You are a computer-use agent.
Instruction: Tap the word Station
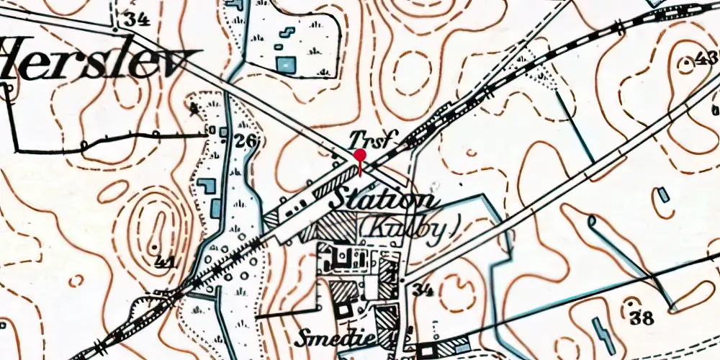pyautogui.click(x=382, y=200)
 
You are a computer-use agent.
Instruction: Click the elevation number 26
pyautogui.click(x=246, y=141)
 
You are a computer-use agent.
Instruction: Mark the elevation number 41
pyautogui.click(x=165, y=264)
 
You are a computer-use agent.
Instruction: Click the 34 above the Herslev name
pyautogui.click(x=135, y=19)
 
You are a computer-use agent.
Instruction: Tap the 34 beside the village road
pyautogui.click(x=423, y=290)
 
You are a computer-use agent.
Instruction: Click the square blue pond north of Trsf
pyautogui.click(x=285, y=65)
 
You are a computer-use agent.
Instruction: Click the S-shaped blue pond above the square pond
pyautogui.click(x=286, y=33)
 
